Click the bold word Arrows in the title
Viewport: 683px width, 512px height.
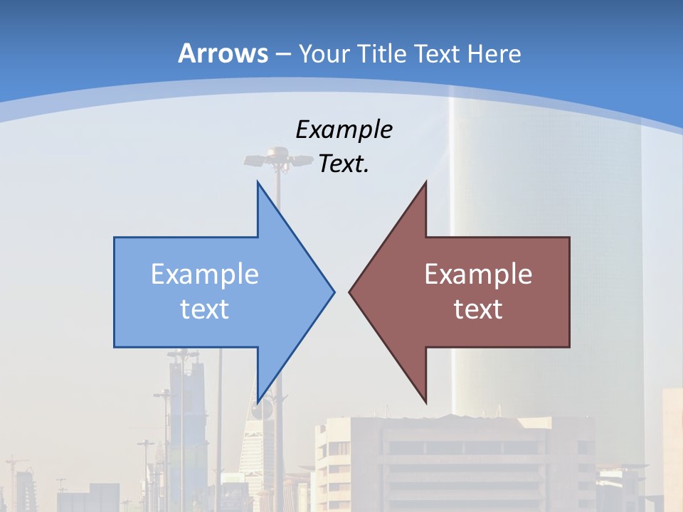[223, 53]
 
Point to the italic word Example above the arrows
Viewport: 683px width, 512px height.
[344, 129]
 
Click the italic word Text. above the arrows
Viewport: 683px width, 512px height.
[344, 164]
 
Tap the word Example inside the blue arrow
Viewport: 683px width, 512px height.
[205, 274]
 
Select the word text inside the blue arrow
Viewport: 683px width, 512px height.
[205, 309]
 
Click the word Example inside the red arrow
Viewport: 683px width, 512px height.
[478, 274]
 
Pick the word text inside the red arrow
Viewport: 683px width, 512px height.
[478, 309]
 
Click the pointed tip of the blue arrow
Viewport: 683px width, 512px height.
[333, 292]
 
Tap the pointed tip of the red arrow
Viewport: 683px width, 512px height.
[350, 292]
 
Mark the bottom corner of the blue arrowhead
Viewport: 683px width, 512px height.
[258, 401]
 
